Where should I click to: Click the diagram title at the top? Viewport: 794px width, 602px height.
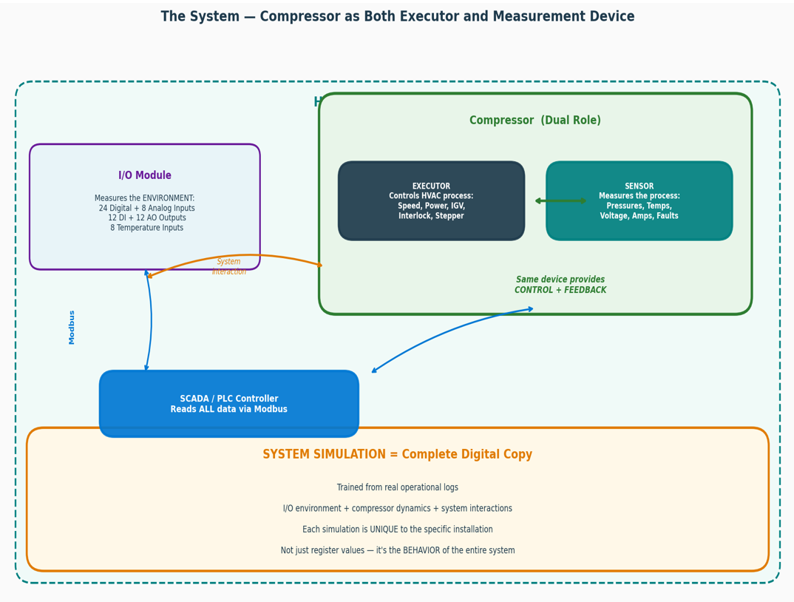[x=397, y=16]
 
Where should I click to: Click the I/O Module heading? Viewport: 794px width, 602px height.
[x=145, y=175]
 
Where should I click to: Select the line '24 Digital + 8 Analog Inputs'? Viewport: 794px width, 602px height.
[x=146, y=208]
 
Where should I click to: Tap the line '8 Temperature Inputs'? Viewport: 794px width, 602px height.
[x=146, y=228]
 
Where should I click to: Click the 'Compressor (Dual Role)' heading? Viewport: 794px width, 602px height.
[x=535, y=121]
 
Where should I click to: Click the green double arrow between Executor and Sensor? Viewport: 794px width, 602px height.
[x=560, y=200]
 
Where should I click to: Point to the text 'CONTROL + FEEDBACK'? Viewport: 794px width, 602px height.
[x=560, y=290]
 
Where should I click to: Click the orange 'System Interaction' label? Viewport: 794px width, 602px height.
[x=228, y=266]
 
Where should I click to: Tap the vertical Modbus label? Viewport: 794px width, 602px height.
[x=72, y=327]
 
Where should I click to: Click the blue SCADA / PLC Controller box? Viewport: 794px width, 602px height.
[x=228, y=404]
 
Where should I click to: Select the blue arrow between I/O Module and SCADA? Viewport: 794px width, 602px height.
[x=151, y=320]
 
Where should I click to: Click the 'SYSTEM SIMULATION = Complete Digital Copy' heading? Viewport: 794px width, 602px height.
[x=397, y=455]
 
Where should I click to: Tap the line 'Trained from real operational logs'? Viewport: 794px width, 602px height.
[x=397, y=487]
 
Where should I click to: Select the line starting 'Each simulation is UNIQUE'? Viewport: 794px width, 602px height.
[x=397, y=530]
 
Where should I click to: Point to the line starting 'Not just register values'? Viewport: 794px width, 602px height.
[x=397, y=550]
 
